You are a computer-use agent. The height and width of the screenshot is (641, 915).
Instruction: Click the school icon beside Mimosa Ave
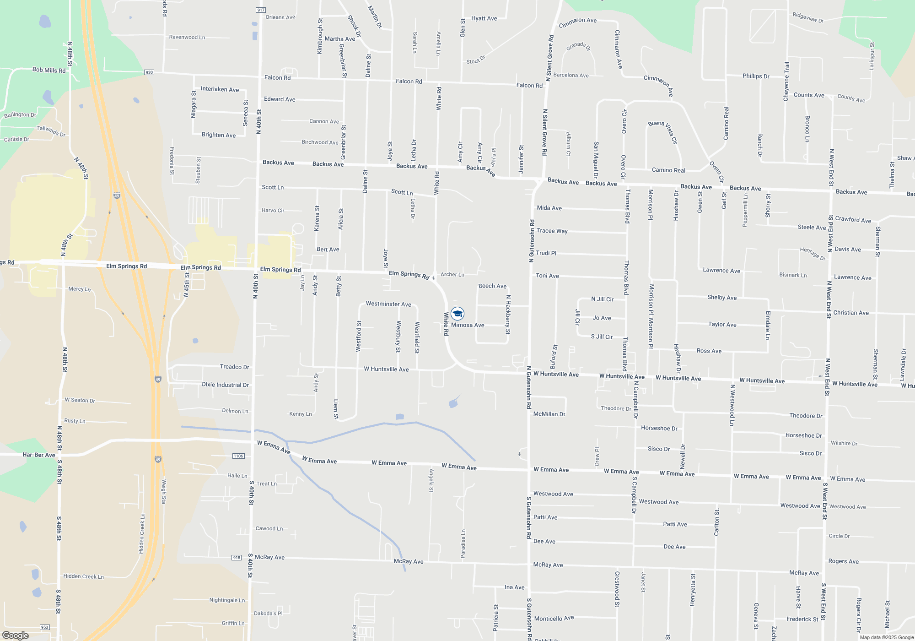point(457,314)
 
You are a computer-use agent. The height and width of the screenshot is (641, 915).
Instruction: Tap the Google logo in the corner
point(15,635)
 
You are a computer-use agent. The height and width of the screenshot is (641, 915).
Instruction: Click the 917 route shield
point(261,10)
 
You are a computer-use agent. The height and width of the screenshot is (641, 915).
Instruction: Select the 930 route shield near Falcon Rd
point(149,72)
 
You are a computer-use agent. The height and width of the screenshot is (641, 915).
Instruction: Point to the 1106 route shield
point(238,456)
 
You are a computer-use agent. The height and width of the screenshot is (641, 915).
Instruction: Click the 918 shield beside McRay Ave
point(237,557)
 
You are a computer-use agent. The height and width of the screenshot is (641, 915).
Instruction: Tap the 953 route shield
point(44,627)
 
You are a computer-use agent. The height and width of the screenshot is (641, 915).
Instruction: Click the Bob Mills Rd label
point(49,70)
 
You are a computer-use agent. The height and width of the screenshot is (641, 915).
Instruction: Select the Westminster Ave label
point(388,304)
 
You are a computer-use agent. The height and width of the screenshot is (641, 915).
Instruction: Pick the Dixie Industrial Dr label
point(225,385)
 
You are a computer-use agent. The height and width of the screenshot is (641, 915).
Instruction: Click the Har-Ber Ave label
point(39,455)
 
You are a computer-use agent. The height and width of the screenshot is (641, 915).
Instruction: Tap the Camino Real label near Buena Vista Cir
point(668,170)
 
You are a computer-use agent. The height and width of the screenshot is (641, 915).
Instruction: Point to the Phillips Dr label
point(756,76)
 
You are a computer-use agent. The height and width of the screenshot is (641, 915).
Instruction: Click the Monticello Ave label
point(554,619)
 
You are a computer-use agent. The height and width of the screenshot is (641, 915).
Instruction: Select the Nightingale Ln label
point(227,600)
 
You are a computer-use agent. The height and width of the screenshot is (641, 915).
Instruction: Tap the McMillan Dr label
point(549,414)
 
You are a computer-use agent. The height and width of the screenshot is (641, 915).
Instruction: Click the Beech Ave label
point(492,286)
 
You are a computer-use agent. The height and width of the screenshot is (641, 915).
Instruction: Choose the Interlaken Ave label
point(220,89)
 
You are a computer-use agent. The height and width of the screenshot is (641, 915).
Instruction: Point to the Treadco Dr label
point(234,367)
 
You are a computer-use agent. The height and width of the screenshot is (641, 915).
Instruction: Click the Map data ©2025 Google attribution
point(887,637)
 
